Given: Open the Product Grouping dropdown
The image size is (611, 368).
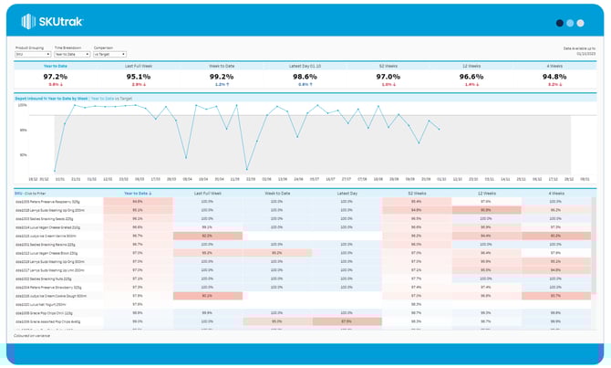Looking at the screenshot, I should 32,55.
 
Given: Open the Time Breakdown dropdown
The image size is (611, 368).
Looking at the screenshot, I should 71,55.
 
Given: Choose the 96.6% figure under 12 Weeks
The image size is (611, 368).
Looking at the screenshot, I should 471,77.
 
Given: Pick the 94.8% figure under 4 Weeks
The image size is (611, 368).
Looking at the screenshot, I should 555,77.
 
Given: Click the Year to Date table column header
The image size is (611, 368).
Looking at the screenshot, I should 137,194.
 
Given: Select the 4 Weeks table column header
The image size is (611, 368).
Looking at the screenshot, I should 555,194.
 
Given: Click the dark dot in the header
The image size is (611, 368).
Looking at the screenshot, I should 560,23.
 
